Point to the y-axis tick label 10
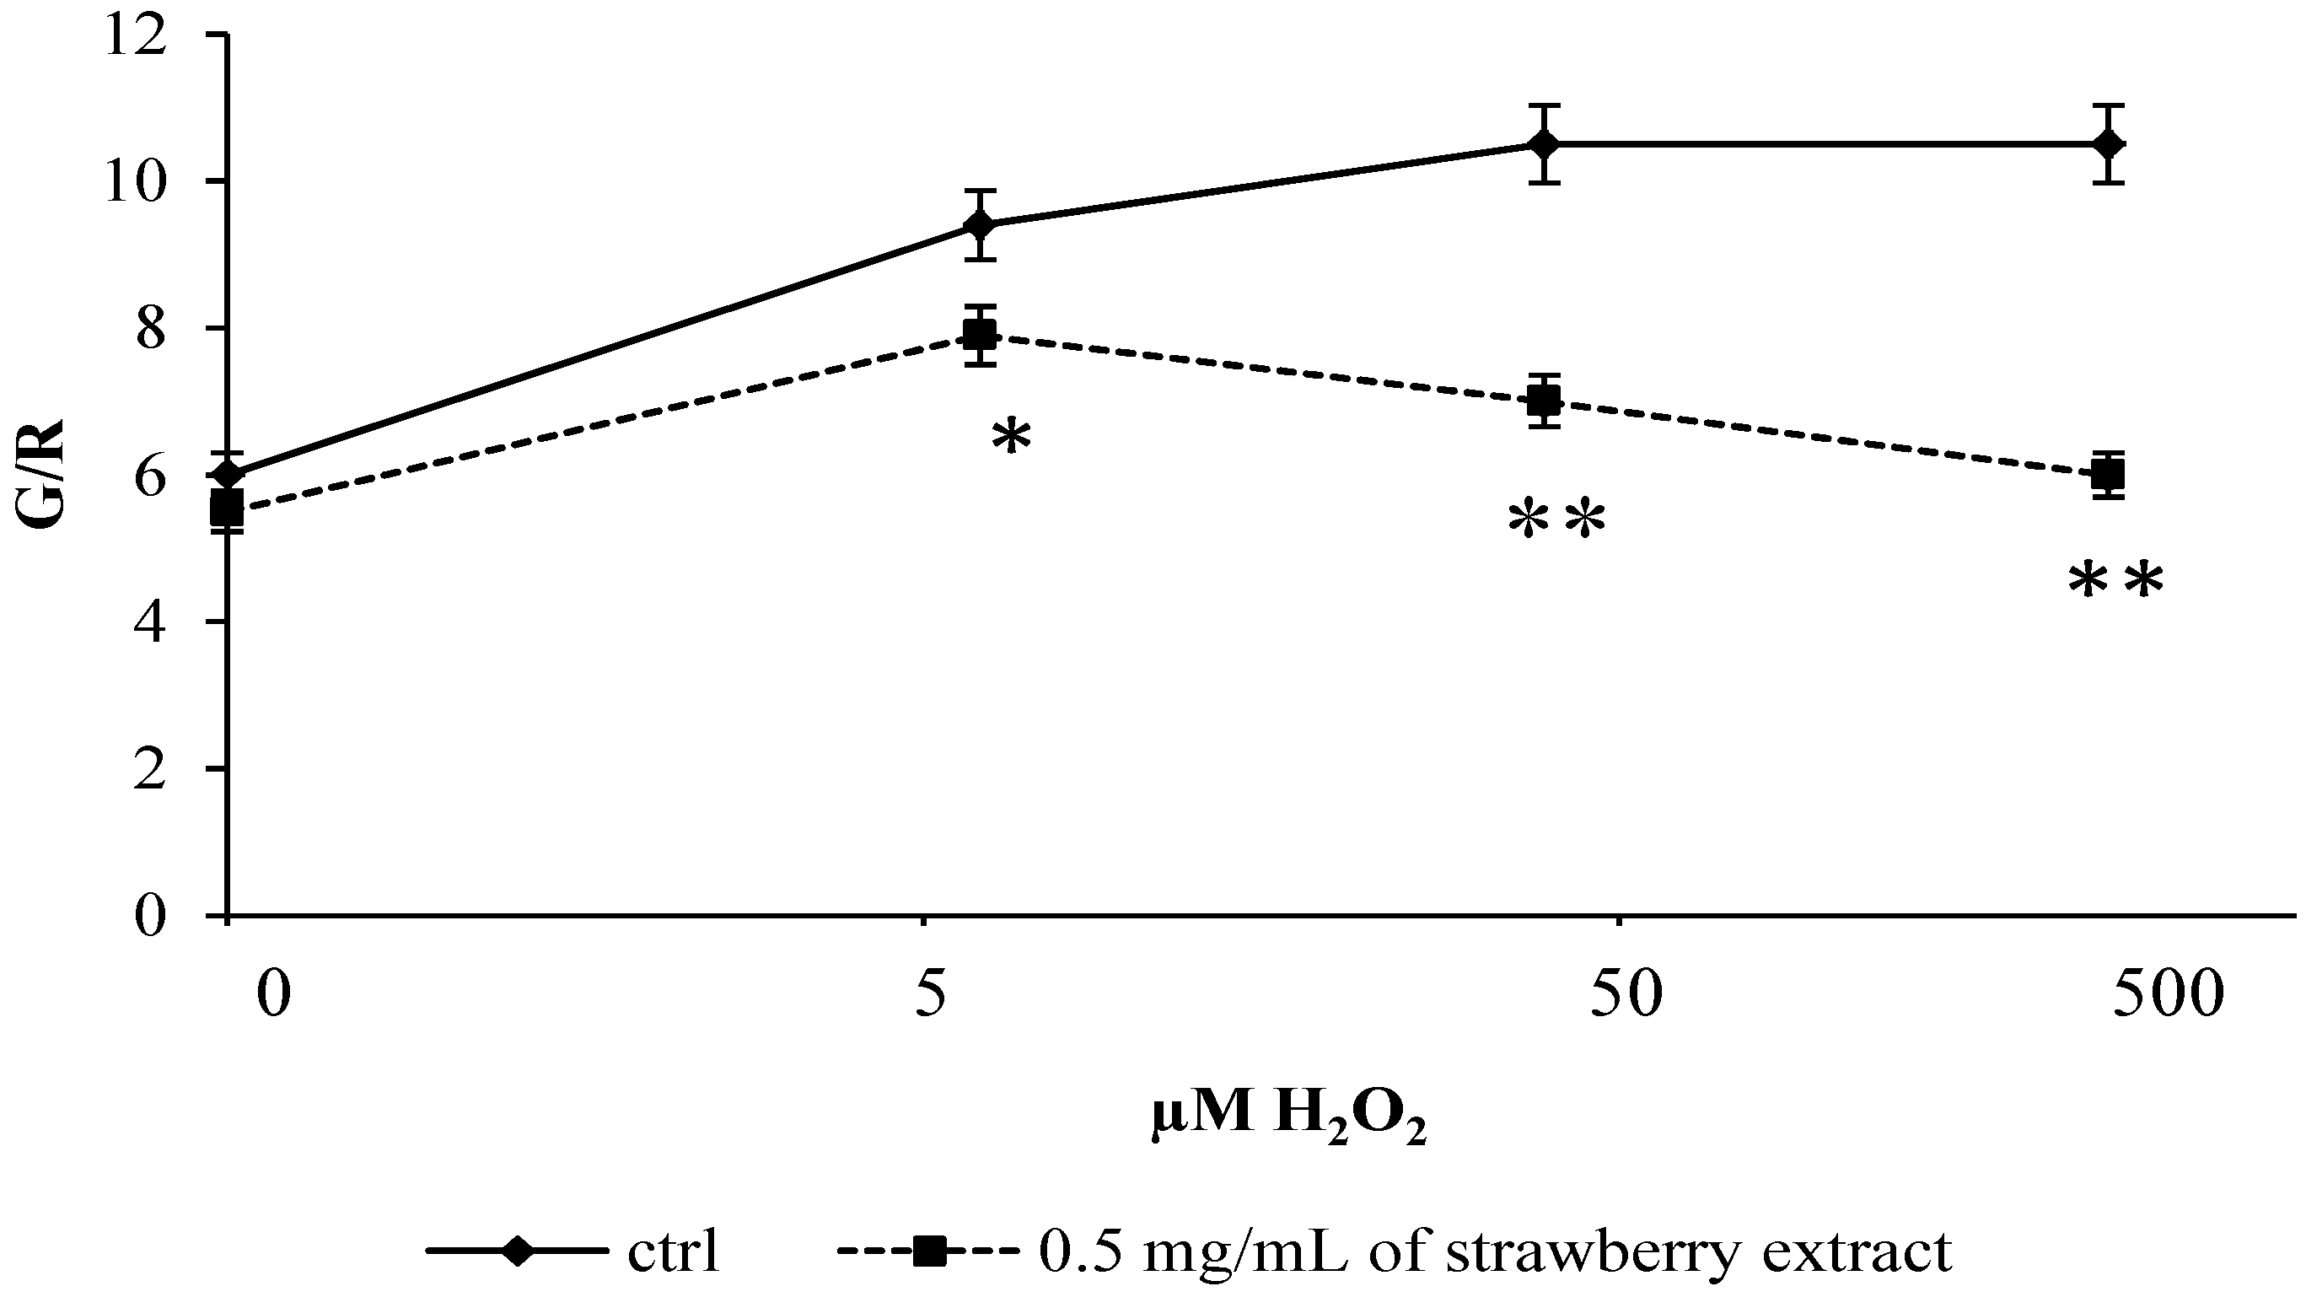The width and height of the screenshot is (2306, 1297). [x=135, y=183]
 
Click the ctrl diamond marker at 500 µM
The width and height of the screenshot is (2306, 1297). [x=2109, y=144]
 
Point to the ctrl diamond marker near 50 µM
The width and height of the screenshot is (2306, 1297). [x=1544, y=144]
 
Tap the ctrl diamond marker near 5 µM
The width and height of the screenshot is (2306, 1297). [x=981, y=224]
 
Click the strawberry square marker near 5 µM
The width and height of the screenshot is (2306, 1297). [x=981, y=335]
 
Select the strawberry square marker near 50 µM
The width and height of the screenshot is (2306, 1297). [x=1544, y=400]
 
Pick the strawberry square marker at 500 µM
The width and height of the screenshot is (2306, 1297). [x=2109, y=475]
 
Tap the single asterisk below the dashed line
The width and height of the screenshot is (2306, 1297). [x=1012, y=439]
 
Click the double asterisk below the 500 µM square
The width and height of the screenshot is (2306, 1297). [x=2115, y=583]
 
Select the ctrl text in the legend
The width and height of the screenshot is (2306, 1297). [x=673, y=1253]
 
